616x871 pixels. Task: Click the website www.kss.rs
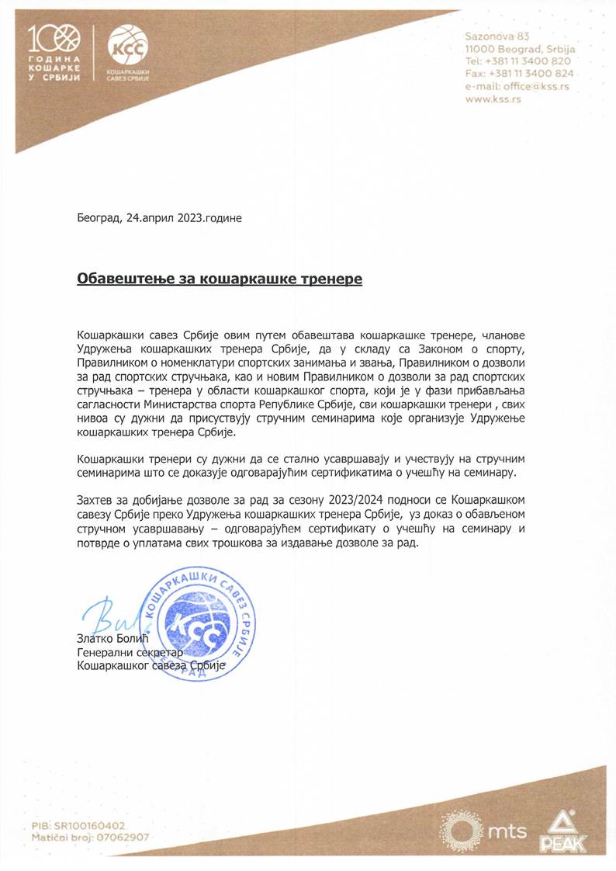(x=493, y=100)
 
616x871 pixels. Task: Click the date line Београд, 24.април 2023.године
(x=159, y=218)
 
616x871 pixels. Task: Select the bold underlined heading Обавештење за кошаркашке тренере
(x=220, y=278)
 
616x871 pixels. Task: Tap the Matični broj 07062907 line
(x=90, y=838)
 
